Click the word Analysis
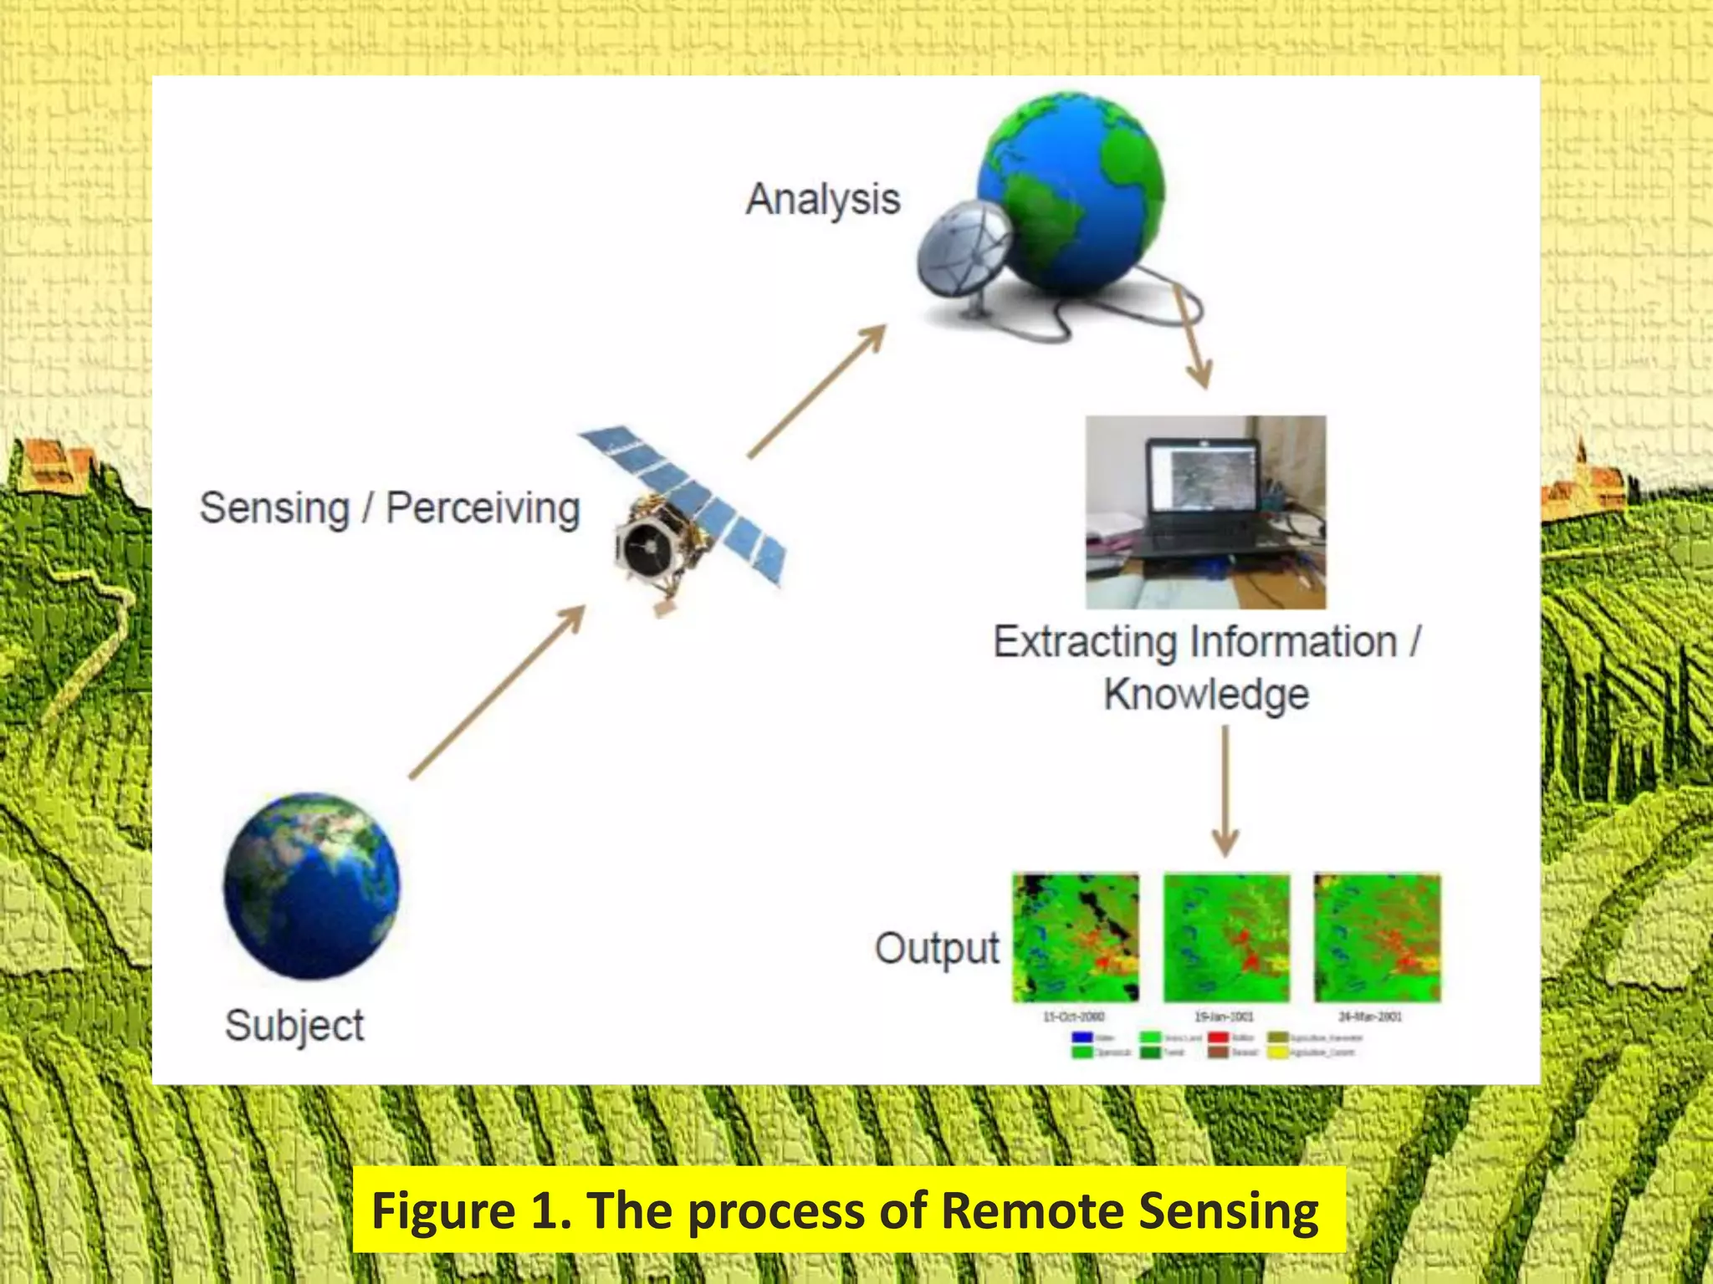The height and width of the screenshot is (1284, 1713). (823, 201)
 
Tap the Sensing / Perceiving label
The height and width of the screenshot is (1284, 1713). (390, 508)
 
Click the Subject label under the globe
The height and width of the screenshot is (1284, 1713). (294, 1026)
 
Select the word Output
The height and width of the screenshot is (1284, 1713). (937, 949)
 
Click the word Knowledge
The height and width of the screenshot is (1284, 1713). (1206, 695)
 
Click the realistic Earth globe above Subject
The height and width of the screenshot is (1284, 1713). (311, 886)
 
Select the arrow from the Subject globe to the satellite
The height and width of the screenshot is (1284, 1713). (497, 693)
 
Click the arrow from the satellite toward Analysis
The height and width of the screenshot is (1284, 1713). (816, 392)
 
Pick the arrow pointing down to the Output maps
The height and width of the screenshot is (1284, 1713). (1225, 790)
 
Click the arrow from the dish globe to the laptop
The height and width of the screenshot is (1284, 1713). (1191, 338)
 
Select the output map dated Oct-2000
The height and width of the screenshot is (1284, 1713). (1076, 938)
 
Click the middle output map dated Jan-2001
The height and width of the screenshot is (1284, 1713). (1226, 938)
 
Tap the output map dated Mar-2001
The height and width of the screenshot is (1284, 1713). (1377, 938)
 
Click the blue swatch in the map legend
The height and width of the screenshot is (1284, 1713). (1081, 1037)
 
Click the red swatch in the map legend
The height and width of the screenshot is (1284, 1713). (1218, 1037)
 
